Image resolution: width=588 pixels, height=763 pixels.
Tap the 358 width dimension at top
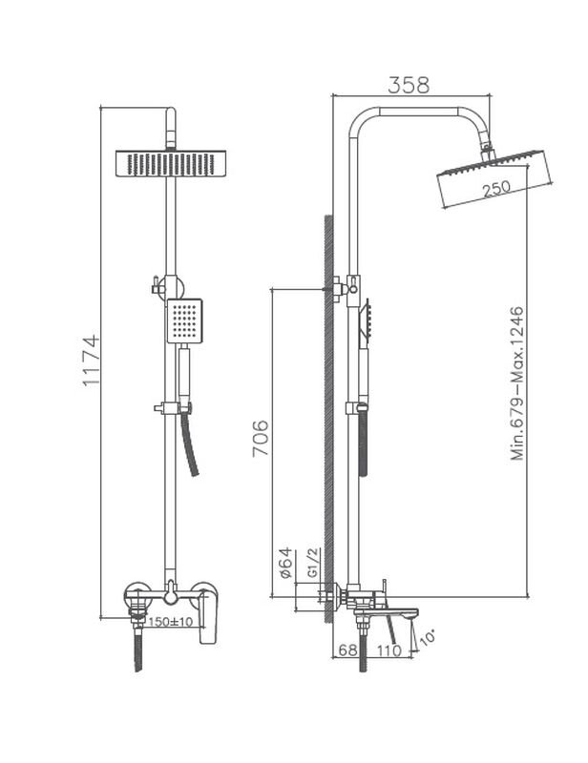(408, 84)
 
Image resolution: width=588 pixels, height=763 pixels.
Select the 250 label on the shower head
(496, 190)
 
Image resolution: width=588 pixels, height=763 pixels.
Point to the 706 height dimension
(261, 438)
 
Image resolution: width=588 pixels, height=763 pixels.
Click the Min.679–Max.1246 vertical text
(517, 383)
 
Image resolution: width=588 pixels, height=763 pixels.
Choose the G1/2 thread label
(311, 566)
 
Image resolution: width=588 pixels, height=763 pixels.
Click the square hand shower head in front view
(184, 320)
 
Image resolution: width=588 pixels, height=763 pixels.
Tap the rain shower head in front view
(172, 163)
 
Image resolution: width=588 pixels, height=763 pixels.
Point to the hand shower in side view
(364, 324)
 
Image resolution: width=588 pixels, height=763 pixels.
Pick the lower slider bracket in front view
(170, 409)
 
